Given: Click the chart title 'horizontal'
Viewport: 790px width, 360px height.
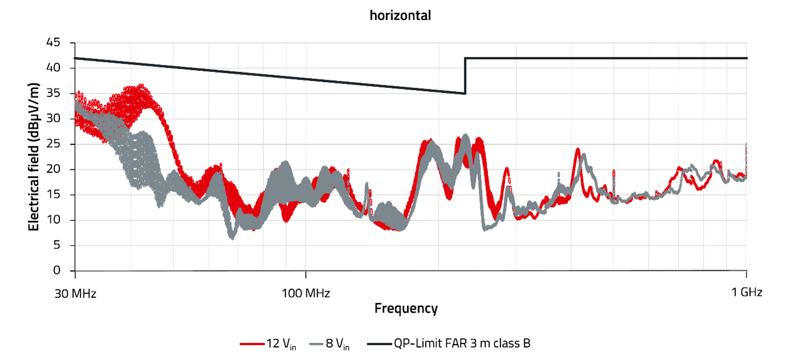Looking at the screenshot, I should tap(400, 15).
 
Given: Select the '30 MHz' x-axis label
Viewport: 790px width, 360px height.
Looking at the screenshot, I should tap(75, 294).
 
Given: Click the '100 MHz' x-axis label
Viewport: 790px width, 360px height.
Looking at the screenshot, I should tap(306, 294).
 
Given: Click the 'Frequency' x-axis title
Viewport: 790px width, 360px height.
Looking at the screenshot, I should tap(406, 309).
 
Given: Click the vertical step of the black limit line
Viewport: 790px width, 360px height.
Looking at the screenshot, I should tap(466, 75).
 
